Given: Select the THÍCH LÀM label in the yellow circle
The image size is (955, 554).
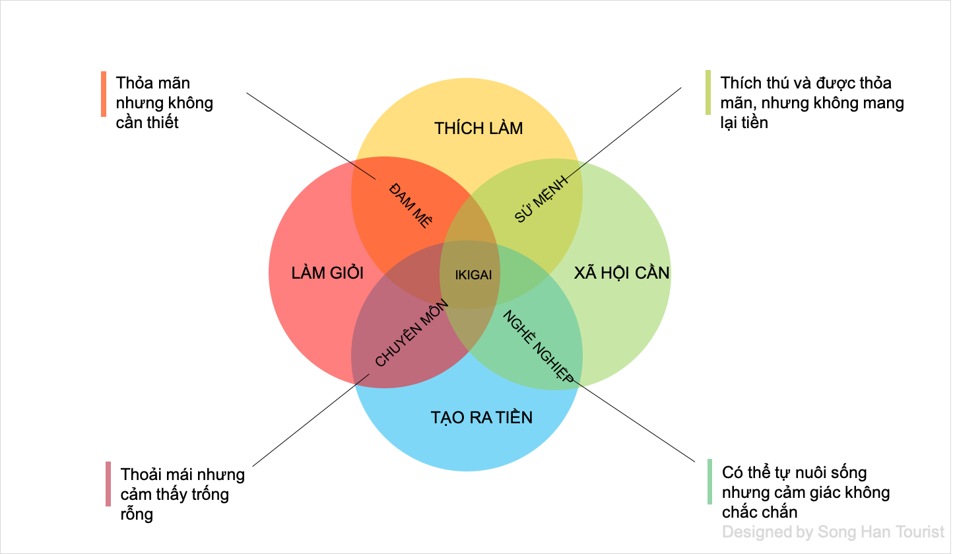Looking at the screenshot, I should point(478,128).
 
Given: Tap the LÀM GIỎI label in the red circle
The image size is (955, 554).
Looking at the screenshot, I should point(327,273).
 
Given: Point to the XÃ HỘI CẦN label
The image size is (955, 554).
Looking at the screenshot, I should point(622,273).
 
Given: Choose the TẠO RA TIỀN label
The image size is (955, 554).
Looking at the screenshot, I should point(481,417).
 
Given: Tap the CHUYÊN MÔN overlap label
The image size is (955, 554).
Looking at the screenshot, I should point(412,333).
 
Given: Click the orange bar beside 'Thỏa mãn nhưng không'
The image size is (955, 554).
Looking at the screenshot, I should point(104,94).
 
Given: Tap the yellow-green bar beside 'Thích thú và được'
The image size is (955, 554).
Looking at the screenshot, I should point(708,92).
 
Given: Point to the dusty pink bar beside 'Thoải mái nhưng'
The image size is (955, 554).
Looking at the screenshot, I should point(108,484).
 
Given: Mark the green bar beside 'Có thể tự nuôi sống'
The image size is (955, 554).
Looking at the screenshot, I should point(710,482).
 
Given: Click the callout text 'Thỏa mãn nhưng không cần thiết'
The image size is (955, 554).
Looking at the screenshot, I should point(164,103).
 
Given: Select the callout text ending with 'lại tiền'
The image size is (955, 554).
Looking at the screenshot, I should point(812,103).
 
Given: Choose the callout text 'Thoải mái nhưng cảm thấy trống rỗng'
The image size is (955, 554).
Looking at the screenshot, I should point(182,494).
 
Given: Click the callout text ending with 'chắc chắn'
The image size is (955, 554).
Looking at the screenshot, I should point(806,492).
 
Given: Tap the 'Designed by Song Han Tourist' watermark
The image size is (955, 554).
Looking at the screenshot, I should point(833,532).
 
